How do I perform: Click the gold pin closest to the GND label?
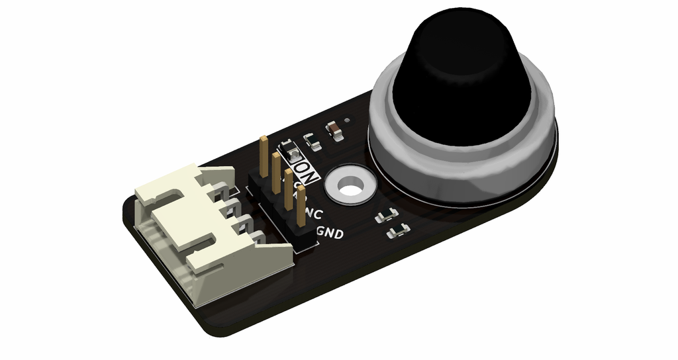point(301,205)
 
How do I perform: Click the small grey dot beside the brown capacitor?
point(347,120)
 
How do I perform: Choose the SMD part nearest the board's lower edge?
point(397,231)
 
